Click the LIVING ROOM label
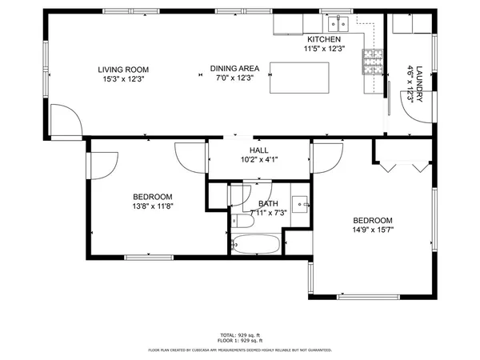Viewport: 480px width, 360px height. click(124, 70)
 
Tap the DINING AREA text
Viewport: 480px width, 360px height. click(232, 69)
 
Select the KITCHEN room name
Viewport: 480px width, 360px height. click(324, 39)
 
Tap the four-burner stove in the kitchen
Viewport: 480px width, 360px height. click(372, 61)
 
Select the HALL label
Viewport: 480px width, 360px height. click(258, 150)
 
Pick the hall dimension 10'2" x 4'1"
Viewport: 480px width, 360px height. click(258, 159)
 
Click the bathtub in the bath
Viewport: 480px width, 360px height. click(255, 245)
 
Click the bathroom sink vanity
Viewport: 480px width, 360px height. click(301, 205)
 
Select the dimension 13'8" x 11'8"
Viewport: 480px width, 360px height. click(152, 206)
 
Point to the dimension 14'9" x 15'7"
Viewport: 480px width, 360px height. click(373, 230)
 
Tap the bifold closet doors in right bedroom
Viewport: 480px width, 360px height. click(402, 166)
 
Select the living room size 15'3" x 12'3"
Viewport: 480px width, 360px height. click(124, 79)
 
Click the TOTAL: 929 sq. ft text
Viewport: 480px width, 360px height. click(240, 334)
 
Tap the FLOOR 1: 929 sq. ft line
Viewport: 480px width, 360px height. click(240, 341)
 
